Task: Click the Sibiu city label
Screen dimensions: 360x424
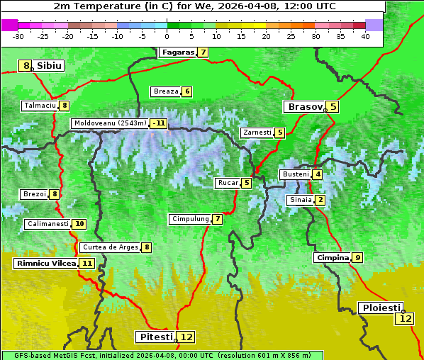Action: (50, 66)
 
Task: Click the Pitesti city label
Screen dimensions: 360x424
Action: (155, 337)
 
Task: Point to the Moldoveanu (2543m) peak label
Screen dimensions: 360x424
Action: (110, 123)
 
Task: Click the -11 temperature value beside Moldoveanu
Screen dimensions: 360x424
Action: (159, 123)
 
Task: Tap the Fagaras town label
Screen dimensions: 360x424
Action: (177, 52)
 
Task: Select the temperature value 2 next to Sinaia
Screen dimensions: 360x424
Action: (320, 200)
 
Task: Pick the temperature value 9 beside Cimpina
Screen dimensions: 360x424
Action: (358, 258)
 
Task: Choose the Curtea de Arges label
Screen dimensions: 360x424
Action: (109, 247)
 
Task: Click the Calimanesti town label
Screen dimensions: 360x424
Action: (48, 224)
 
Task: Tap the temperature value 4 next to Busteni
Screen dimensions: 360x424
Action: (318, 174)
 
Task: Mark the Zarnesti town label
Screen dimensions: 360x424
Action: (257, 133)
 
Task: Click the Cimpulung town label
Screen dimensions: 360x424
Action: (190, 219)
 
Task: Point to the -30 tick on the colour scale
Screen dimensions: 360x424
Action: (18, 36)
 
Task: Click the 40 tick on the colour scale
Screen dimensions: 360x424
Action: (365, 36)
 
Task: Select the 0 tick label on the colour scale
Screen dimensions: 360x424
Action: (167, 36)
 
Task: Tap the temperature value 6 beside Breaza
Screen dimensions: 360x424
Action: (187, 91)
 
